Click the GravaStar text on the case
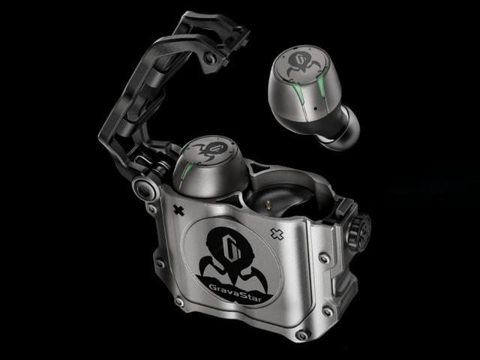pyautogui.click(x=235, y=292)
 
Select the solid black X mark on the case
pyautogui.click(x=178, y=210)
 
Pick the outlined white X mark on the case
pyautogui.click(x=277, y=234)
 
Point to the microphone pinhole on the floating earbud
pyautogui.click(x=315, y=108)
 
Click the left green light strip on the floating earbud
pyautogui.click(x=297, y=94)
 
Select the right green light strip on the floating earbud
pyautogui.click(x=321, y=85)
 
